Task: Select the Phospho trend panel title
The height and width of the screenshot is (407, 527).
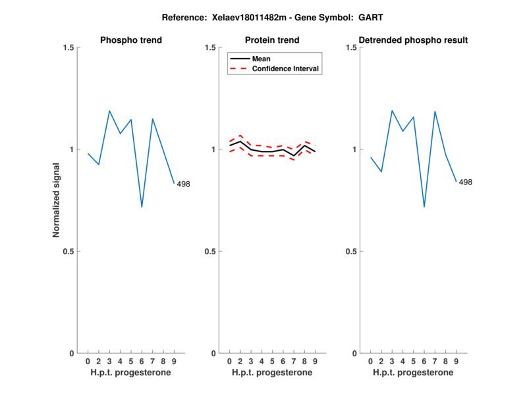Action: pos(130,40)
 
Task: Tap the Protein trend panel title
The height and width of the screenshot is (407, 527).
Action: pos(272,40)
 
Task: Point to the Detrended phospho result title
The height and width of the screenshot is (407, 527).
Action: pos(413,40)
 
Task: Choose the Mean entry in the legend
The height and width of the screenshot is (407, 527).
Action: pos(261,59)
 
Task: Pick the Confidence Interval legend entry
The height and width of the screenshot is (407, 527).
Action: pos(286,68)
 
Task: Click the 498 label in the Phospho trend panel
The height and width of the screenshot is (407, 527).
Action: pos(183,184)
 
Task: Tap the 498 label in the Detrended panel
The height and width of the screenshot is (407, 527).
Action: pos(465,182)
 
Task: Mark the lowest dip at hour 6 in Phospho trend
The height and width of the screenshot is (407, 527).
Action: pos(142,207)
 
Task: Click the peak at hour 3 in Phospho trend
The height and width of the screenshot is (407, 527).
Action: pos(109,111)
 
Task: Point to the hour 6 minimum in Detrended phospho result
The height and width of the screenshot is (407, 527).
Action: pos(424,207)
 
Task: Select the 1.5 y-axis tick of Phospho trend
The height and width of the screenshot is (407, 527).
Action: pos(68,47)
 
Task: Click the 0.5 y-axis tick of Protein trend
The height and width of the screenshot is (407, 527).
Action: pos(209,251)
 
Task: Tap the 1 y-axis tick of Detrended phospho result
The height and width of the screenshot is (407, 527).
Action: pos(354,149)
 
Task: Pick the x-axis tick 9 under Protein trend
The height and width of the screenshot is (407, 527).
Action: pos(315,362)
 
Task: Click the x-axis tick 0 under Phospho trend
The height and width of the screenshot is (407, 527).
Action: pos(88,362)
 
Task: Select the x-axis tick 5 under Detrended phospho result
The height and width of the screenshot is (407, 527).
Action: pos(413,362)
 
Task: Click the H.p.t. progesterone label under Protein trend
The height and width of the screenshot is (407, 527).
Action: pos(272,373)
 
